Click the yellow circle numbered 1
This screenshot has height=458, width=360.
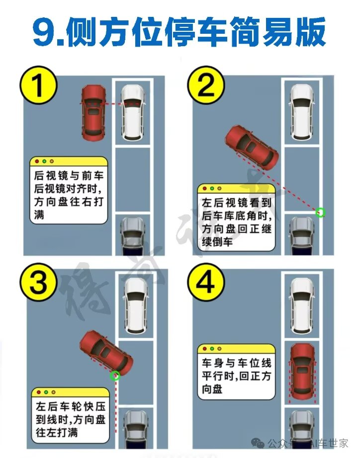[38, 85]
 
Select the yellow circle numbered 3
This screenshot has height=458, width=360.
[38, 282]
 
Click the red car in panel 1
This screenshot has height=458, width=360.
[93, 113]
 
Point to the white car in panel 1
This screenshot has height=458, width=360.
[133, 112]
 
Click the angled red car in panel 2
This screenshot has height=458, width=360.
[252, 148]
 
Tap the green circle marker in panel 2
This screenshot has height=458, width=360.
[321, 212]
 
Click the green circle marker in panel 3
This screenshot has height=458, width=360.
[115, 376]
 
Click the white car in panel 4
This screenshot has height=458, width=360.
[303, 306]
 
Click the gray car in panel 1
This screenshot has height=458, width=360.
[133, 236]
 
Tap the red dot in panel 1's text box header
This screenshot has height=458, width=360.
[37, 161]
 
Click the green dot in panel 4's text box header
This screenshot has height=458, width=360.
[212, 348]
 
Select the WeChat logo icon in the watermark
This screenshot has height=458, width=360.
[258, 444]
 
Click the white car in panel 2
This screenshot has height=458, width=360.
[303, 112]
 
